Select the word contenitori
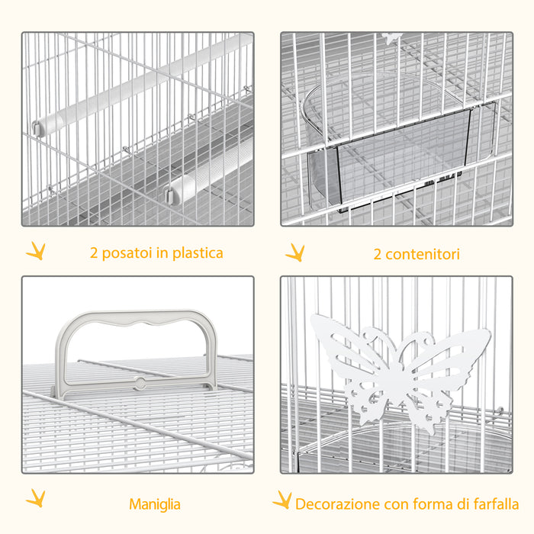pos(422,254)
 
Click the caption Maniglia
pos(155,504)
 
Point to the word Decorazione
pos(336,504)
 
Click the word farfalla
pos(494,504)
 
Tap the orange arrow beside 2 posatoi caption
pos(34,251)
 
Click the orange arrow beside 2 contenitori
pos(295,252)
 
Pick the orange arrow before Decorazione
pos(283,500)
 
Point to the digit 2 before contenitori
pos(377,254)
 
